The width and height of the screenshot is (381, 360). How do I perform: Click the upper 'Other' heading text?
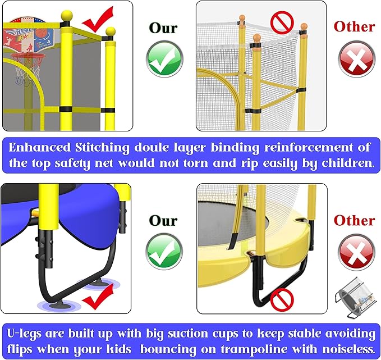(354, 26)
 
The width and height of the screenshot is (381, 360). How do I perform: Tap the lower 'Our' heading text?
(164, 220)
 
